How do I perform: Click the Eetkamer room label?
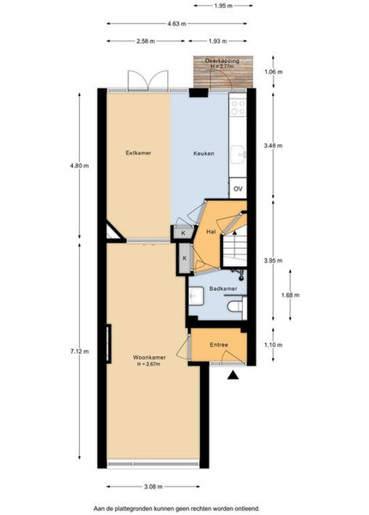click(x=138, y=153)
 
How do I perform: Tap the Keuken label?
click(x=203, y=154)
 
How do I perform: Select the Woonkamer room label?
click(x=149, y=357)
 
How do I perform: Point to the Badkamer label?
click(x=223, y=288)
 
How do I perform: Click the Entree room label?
click(x=219, y=345)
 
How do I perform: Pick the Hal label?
click(x=211, y=232)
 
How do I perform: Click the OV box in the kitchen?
click(x=238, y=189)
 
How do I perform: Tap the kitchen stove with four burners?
click(x=239, y=107)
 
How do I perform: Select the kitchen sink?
click(x=238, y=154)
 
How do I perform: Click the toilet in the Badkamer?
click(x=235, y=306)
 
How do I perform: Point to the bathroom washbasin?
click(x=197, y=295)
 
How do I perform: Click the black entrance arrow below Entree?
click(x=233, y=375)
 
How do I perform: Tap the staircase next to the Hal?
click(x=235, y=251)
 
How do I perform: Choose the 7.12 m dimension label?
click(x=79, y=351)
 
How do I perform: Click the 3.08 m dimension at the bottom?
click(x=154, y=487)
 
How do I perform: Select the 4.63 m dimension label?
click(x=177, y=24)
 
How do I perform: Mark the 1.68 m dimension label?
click(x=291, y=295)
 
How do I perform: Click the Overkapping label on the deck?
click(x=222, y=61)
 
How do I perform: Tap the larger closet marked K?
click(x=184, y=258)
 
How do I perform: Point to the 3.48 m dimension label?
click(x=273, y=146)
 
